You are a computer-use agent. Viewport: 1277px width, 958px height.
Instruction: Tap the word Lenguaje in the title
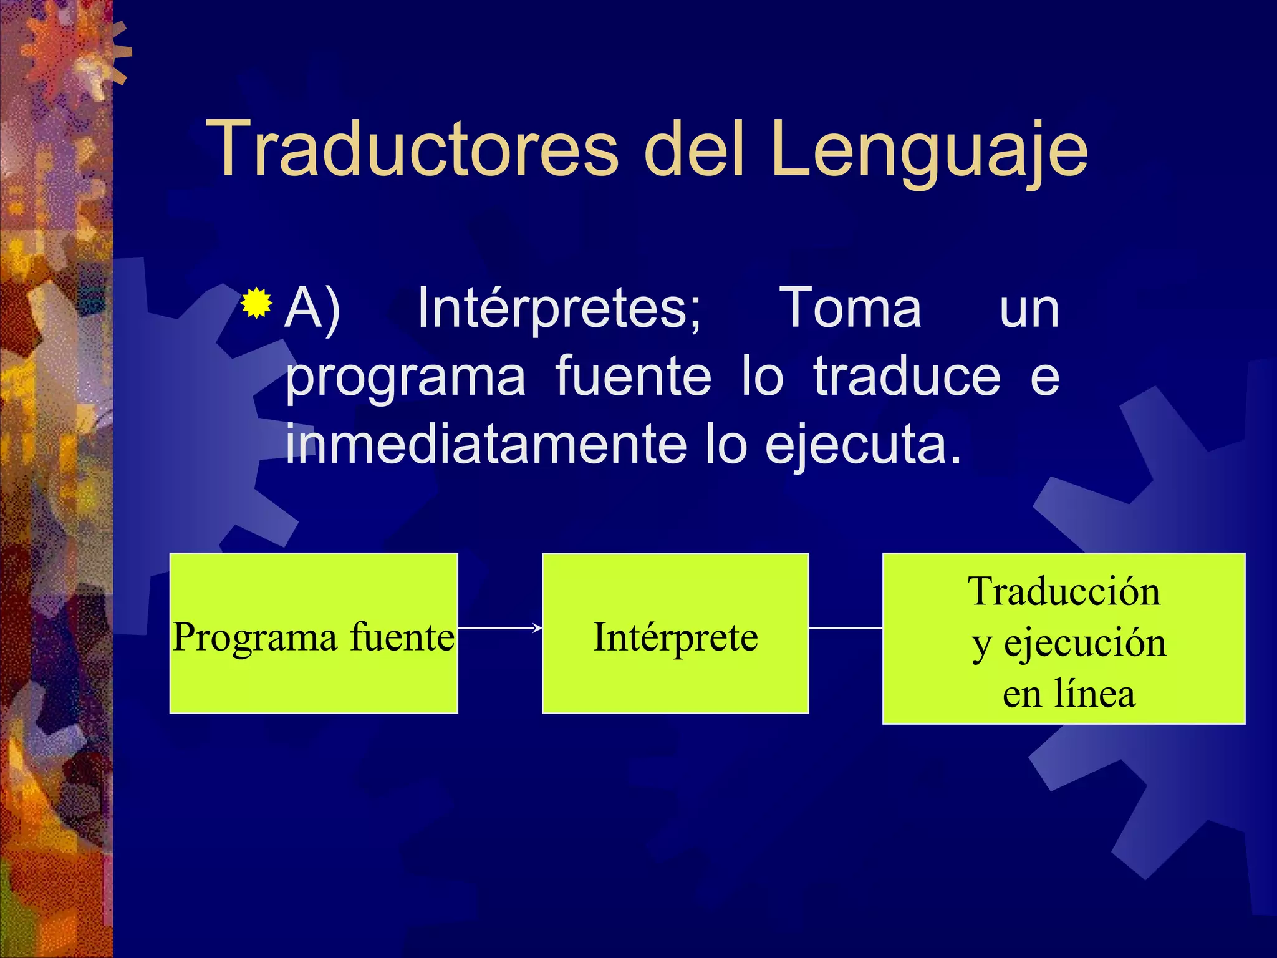[929, 150]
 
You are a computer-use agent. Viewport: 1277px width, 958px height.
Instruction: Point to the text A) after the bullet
[312, 308]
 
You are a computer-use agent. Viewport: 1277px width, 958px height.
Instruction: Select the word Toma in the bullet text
[851, 308]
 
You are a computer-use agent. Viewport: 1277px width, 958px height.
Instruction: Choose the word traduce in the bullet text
[907, 377]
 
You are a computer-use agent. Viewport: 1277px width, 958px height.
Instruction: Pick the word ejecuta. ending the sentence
[863, 447]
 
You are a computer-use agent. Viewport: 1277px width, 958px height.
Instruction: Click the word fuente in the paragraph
[633, 377]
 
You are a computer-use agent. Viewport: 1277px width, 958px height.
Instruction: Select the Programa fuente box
[314, 674]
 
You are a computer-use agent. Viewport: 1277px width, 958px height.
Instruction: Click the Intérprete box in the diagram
[675, 674]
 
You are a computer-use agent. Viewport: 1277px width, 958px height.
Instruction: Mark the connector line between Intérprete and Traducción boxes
[846, 628]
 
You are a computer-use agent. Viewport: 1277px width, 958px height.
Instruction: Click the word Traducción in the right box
[1064, 591]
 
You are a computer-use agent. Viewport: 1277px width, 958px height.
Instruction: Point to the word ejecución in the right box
[1085, 642]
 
